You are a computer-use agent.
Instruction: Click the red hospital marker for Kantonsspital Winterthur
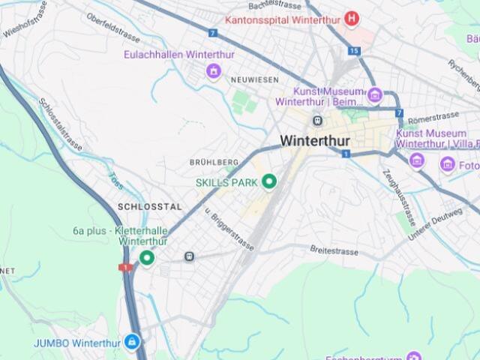[351, 18]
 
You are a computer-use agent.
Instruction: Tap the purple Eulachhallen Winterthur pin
[214, 71]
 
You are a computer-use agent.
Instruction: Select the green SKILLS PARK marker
[268, 181]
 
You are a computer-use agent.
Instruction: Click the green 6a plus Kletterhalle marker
[147, 258]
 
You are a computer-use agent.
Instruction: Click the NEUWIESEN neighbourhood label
[254, 79]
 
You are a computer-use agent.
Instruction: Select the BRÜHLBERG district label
[213, 162]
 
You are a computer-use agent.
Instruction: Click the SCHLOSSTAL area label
[149, 206]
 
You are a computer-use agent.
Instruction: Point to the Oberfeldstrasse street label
[113, 28]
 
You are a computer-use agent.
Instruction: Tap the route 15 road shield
[354, 51]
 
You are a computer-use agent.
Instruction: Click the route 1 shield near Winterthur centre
[346, 154]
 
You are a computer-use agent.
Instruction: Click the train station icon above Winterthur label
[317, 120]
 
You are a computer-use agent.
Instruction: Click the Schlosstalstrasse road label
[60, 124]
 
